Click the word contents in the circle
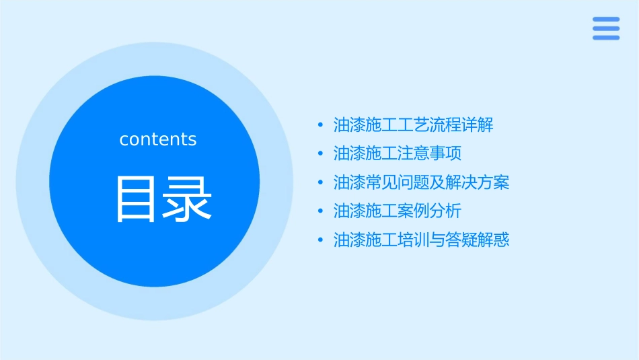(158, 139)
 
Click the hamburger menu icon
(606, 28)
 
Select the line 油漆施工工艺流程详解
(414, 125)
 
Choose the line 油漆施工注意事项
(398, 153)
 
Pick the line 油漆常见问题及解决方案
(422, 182)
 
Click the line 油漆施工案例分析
(398, 211)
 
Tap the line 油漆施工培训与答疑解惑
(422, 240)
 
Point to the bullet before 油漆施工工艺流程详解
(320, 125)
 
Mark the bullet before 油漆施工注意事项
(320, 154)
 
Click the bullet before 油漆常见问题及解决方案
(320, 182)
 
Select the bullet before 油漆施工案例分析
(320, 211)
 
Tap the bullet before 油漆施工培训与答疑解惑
(320, 240)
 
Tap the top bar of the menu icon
(606, 20)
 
